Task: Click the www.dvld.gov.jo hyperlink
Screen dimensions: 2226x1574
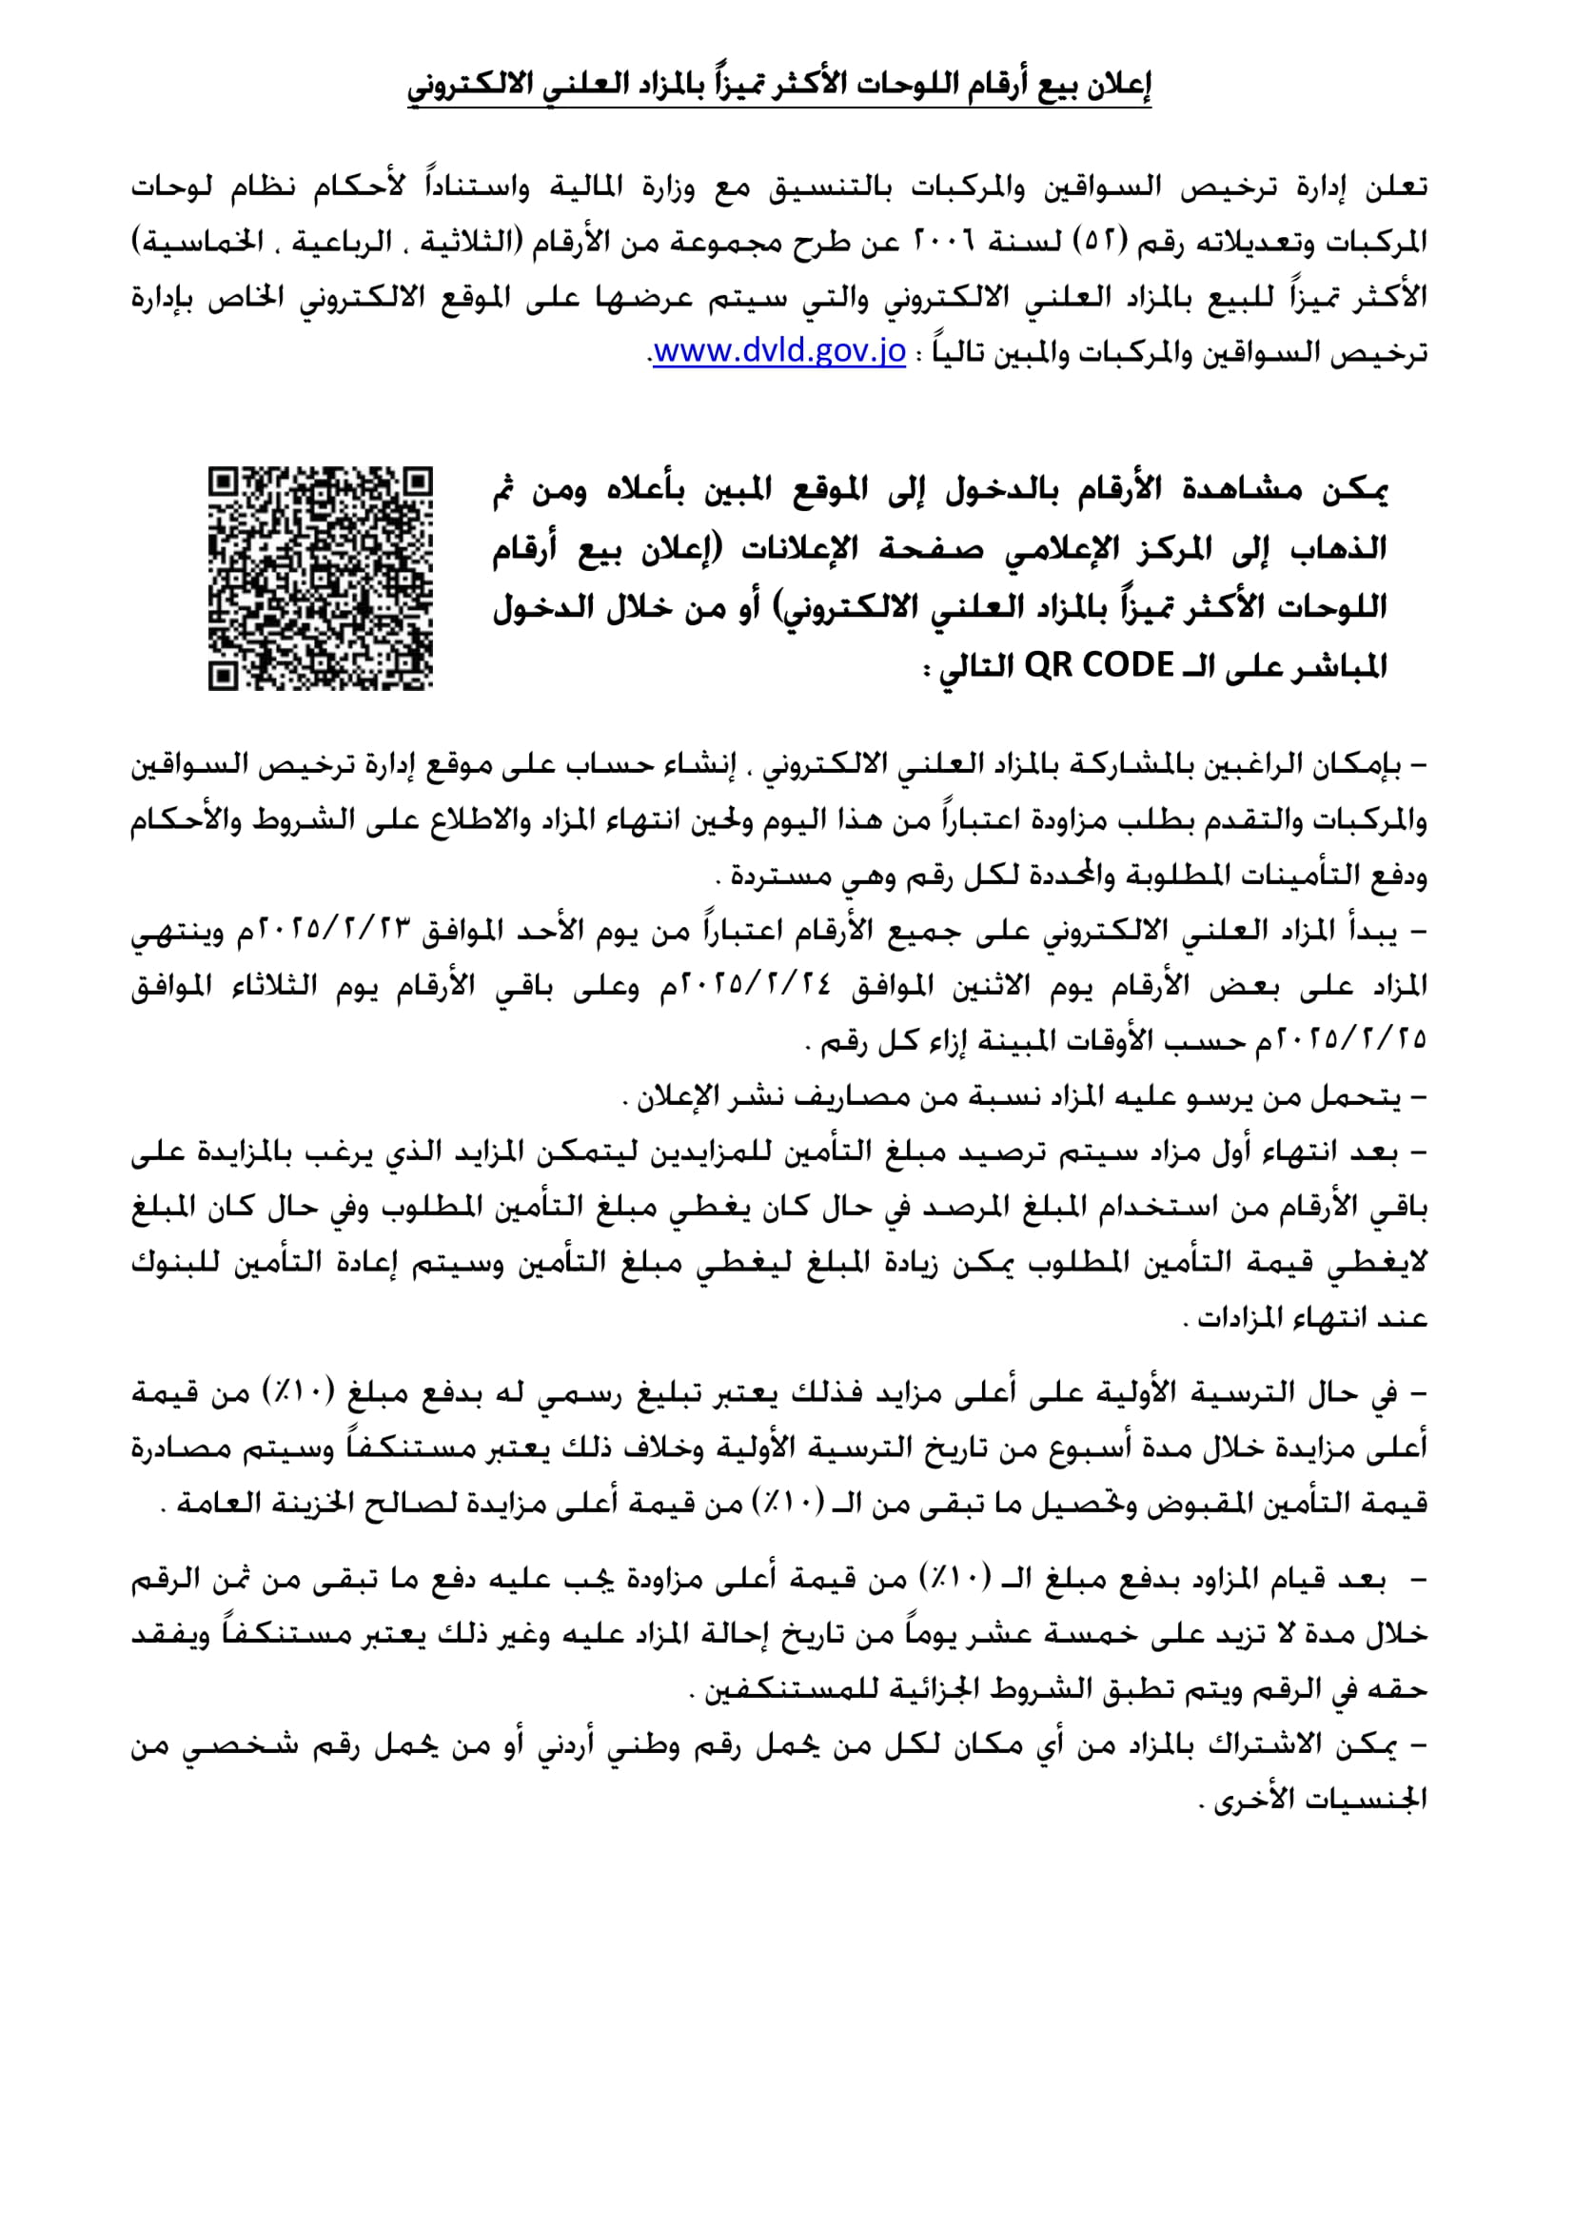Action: pos(779,351)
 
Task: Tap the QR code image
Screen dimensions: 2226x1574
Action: pos(321,579)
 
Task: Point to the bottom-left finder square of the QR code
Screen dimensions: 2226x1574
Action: pos(223,676)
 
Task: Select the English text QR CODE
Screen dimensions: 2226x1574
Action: pos(1098,665)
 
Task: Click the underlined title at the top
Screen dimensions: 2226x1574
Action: pos(778,86)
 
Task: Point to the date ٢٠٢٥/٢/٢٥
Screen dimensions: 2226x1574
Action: pos(1353,1042)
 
